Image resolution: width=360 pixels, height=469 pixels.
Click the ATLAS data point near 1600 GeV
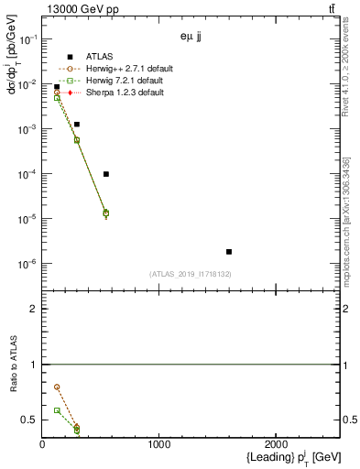229,251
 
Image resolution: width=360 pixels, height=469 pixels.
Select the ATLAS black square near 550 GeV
106,174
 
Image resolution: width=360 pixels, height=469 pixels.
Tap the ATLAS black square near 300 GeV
77,124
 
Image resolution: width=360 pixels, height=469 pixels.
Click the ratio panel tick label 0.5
27,420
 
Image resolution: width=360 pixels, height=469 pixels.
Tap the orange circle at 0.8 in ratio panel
57,387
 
